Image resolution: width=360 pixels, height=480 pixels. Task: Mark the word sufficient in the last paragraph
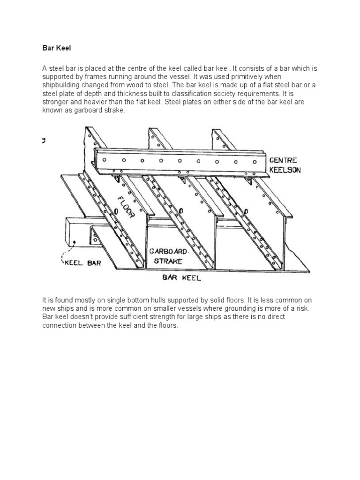[140, 317]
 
